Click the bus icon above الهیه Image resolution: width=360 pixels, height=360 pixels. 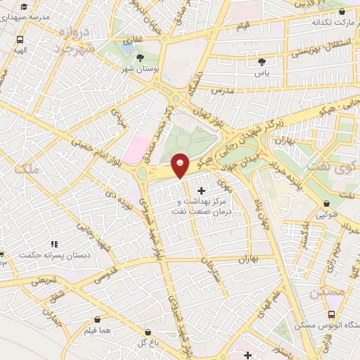click(x=20, y=40)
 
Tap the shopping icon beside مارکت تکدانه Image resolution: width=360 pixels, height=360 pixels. click(x=342, y=12)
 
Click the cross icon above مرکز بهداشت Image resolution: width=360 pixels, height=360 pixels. click(x=202, y=191)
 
